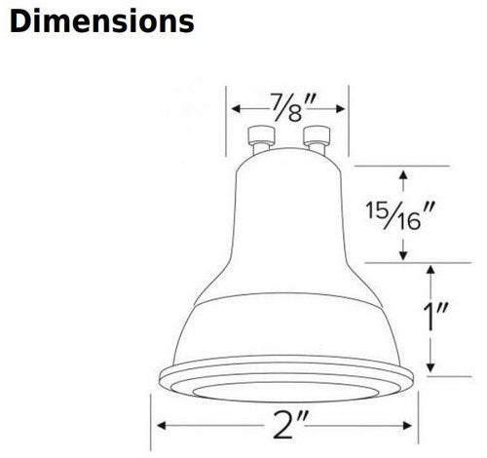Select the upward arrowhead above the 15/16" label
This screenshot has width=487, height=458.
(403, 175)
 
